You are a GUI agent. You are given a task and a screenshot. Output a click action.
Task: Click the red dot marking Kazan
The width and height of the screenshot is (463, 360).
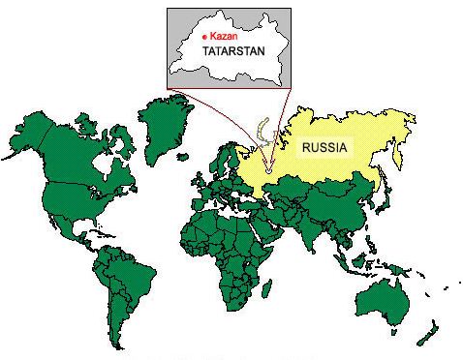(204, 34)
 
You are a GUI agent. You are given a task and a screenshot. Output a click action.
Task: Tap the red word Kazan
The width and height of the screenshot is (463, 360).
(222, 34)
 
